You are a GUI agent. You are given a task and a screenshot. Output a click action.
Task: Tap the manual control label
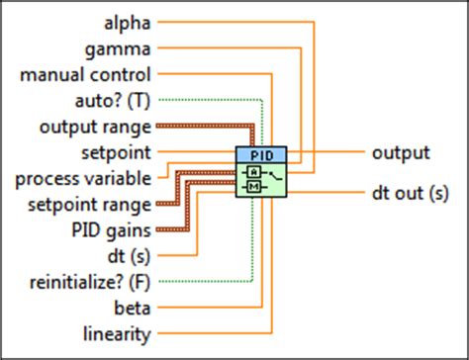85,73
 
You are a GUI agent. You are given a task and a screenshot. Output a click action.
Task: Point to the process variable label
83,179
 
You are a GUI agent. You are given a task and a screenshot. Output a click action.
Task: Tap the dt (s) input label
128,256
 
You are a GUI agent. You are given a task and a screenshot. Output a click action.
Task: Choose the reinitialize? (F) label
86,283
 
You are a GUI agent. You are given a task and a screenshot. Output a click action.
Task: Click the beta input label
132,309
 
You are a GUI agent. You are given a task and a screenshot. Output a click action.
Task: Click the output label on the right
401,152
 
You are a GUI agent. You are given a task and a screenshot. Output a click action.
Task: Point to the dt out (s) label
411,193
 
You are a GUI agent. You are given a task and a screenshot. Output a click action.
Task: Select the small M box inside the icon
253,186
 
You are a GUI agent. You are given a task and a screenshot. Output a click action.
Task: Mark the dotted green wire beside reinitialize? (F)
208,283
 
